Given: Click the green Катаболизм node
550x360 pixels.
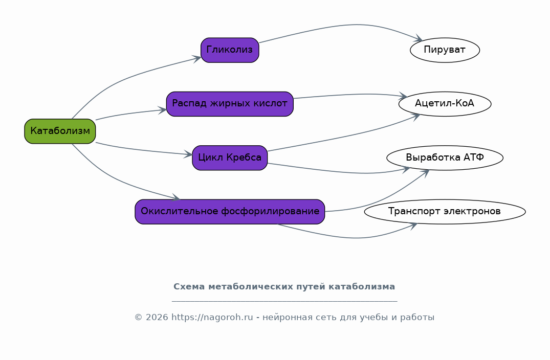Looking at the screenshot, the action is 60,131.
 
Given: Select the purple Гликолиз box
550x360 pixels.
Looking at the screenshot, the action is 230,50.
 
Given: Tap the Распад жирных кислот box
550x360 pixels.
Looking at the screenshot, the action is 230,104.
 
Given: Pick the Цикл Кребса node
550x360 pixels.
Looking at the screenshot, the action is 230,157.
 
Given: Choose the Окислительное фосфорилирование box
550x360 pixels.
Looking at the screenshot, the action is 230,212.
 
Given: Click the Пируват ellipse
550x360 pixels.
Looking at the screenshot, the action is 445,50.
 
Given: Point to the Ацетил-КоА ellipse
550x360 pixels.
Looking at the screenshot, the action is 445,104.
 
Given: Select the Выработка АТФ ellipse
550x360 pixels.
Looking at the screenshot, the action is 445,157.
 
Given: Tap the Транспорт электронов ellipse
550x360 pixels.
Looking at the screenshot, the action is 445,212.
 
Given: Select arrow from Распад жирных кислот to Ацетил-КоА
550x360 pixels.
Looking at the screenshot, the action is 351,95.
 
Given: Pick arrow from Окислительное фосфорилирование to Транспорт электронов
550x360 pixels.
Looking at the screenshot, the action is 354,238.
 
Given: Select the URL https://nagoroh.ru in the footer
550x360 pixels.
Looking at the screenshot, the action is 212,318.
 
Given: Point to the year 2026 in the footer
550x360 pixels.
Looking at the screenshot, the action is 157,318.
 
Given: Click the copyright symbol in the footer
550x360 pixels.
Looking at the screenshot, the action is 139,318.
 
